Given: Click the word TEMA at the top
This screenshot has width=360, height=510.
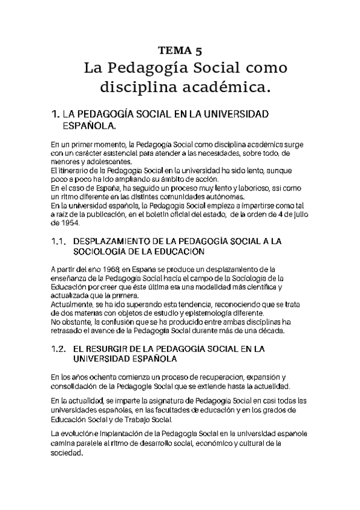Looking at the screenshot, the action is [x=173, y=50].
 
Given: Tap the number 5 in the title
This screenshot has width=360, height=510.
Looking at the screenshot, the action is [x=199, y=50].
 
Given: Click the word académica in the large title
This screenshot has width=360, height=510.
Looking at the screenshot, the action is [x=230, y=88].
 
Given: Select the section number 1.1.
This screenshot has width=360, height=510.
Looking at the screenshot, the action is [x=58, y=241].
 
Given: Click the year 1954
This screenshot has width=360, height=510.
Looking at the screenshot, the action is [x=62, y=222].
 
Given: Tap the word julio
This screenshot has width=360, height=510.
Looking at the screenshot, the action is [x=299, y=214].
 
